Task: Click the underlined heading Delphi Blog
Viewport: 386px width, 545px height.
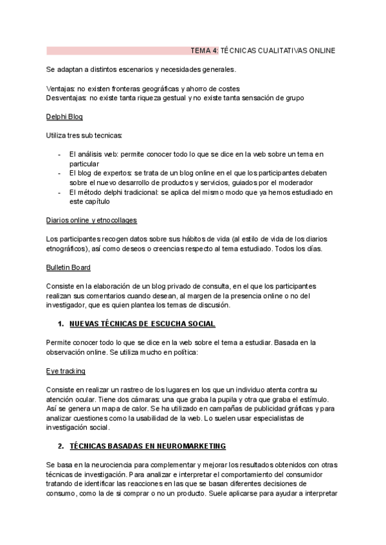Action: (64, 117)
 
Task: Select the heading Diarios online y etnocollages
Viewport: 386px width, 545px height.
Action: (91, 220)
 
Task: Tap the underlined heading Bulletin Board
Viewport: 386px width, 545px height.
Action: (68, 267)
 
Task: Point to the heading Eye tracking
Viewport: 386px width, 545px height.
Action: (66, 371)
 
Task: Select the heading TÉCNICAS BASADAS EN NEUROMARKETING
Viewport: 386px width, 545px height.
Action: (147, 445)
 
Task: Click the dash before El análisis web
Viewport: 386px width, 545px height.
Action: (59, 155)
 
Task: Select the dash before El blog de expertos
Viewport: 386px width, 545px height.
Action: (59, 174)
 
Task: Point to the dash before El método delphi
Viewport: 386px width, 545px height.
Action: (59, 192)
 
